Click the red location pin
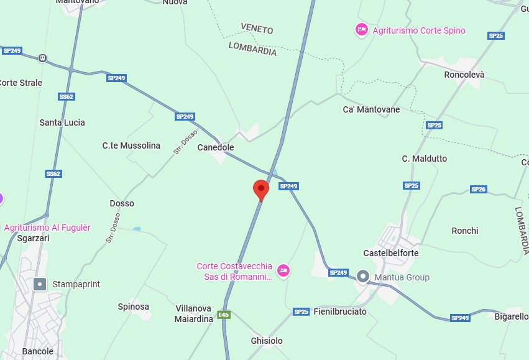tap(261, 189)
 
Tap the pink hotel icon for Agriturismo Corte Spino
tap(361, 29)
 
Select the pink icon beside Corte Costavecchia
tap(283, 270)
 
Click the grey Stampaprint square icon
tap(40, 284)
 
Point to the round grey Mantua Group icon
tap(364, 276)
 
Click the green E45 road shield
tap(223, 315)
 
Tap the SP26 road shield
tap(478, 189)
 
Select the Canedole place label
tap(215, 147)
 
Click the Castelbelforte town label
tap(390, 253)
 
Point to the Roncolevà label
tap(464, 75)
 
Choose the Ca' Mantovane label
tap(371, 109)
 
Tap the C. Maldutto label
tap(424, 159)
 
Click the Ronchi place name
tap(464, 231)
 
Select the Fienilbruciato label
tap(339, 312)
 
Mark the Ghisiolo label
tap(266, 341)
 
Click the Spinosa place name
tap(133, 307)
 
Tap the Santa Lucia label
tap(62, 122)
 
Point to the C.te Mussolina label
tap(131, 145)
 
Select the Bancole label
tap(37, 351)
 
